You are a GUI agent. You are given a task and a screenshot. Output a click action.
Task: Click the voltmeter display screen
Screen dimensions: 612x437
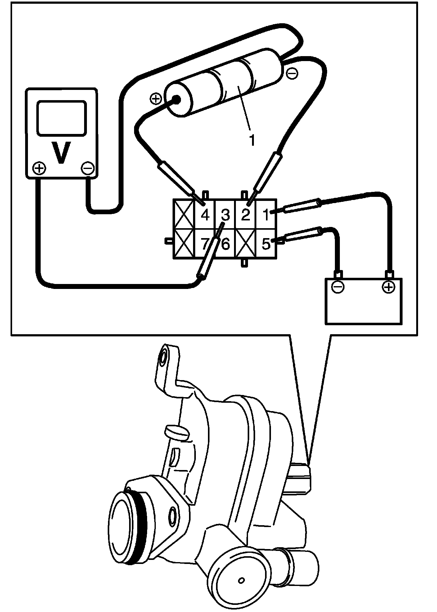tap(61, 118)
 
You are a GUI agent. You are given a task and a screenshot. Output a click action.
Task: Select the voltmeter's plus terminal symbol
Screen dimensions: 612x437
tap(39, 168)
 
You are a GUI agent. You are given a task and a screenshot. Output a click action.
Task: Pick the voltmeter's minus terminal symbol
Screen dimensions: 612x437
tap(87, 168)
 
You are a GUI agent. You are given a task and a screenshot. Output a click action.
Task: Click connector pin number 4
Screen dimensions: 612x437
tap(205, 215)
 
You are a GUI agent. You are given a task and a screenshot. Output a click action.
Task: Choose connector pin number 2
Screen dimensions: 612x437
tap(245, 215)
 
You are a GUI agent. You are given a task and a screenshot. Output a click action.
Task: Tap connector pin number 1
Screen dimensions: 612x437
tap(266, 215)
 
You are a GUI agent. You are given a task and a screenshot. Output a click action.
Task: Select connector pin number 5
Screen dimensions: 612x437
tap(266, 244)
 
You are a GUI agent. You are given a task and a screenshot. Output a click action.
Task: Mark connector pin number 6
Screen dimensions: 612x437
tap(226, 244)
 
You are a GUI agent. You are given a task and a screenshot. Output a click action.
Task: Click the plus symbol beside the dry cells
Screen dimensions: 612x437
tap(155, 99)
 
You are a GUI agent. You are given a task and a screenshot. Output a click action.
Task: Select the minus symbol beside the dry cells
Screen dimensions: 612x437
tap(292, 73)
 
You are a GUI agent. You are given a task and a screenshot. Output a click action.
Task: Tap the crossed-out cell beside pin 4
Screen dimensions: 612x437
tap(184, 214)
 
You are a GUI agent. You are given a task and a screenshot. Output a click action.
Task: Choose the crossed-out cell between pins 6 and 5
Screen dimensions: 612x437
tap(246, 244)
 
